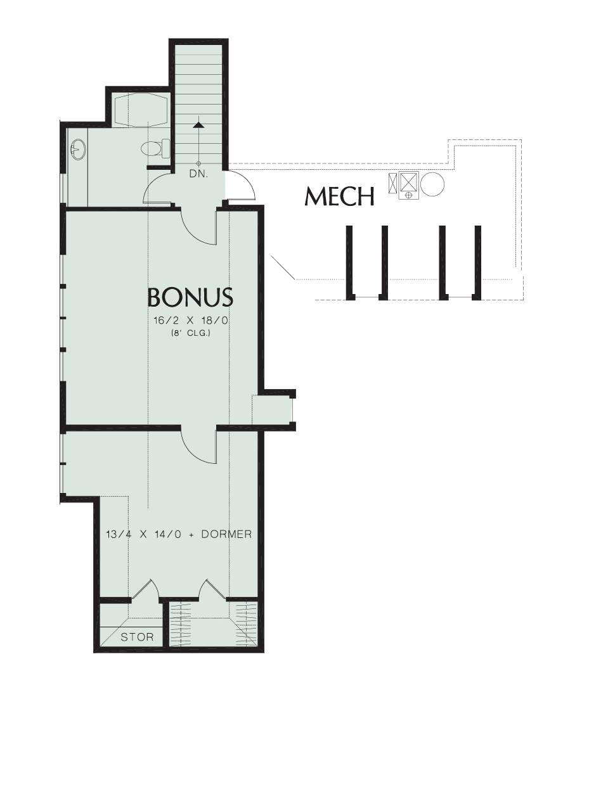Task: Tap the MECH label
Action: [x=339, y=196]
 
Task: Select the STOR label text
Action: [x=137, y=637]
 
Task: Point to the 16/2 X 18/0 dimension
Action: [x=190, y=321]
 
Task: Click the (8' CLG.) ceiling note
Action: [x=190, y=333]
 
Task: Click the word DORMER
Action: [x=226, y=534]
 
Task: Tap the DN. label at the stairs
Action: [x=198, y=174]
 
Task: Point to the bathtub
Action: [x=139, y=108]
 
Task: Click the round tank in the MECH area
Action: [x=433, y=184]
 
